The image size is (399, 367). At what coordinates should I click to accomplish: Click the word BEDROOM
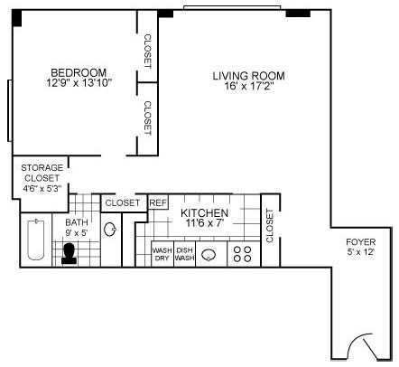coord(79,72)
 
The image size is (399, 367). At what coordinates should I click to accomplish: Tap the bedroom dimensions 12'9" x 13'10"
coord(79,84)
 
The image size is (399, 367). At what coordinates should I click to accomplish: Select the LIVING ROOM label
coord(248,75)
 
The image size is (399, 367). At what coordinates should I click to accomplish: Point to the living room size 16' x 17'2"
coord(248,87)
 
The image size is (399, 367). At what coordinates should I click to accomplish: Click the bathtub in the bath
coord(35,241)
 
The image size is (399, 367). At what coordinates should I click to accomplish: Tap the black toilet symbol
coord(70,255)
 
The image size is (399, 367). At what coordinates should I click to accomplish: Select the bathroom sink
coord(110,230)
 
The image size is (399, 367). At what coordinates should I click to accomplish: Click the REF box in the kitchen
coord(158,203)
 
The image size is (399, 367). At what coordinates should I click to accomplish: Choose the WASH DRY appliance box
coord(162,255)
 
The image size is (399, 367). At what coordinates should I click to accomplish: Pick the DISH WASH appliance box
coord(184,255)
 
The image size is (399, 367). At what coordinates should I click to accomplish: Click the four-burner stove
coord(242,254)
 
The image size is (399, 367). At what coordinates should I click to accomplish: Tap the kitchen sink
coord(210,255)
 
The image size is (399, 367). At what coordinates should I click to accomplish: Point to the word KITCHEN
coord(205,212)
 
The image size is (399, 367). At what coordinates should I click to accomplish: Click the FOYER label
coord(362,242)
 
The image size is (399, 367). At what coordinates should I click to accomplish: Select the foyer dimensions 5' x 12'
coord(362,254)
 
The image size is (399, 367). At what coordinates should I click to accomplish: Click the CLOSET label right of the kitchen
coord(269,225)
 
